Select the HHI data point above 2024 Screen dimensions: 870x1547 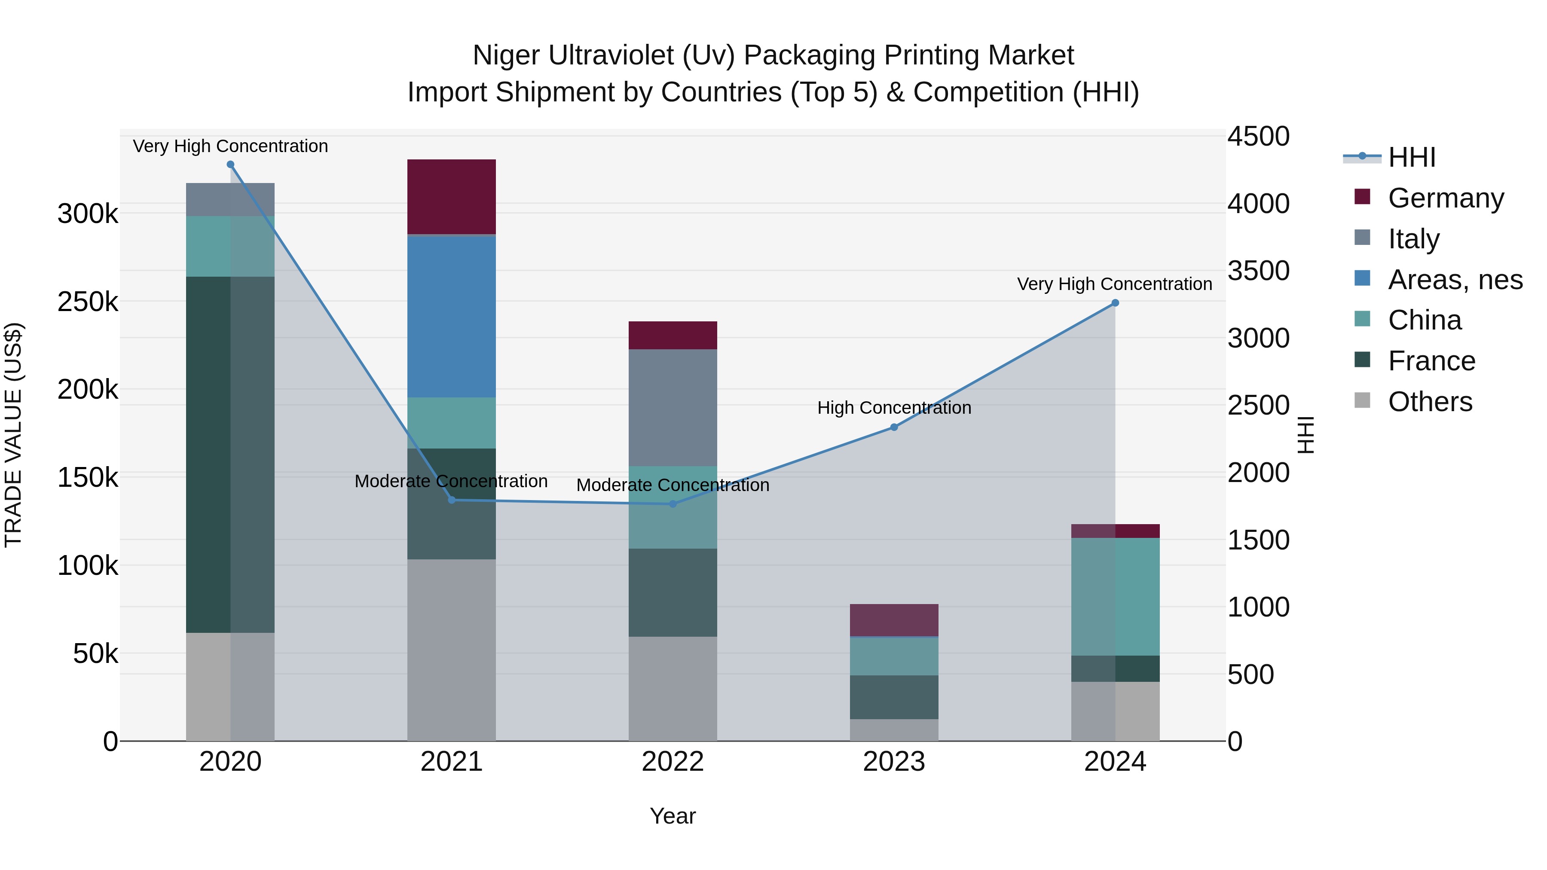(1115, 303)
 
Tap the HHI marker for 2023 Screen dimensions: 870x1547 (894, 427)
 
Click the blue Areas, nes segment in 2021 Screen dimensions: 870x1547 (452, 317)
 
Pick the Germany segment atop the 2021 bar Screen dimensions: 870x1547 (452, 196)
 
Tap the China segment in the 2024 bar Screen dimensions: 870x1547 (1115, 596)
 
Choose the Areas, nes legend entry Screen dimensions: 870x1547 (1455, 280)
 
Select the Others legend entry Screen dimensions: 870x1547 (1429, 402)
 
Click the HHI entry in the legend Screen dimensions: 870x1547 (1411, 157)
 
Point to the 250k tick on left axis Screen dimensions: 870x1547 (88, 302)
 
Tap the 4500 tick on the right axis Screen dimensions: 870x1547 (1258, 136)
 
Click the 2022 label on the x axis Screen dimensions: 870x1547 (673, 762)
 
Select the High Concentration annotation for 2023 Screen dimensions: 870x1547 (894, 408)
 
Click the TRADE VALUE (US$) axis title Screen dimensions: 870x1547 (13, 435)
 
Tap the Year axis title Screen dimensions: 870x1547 (673, 816)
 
